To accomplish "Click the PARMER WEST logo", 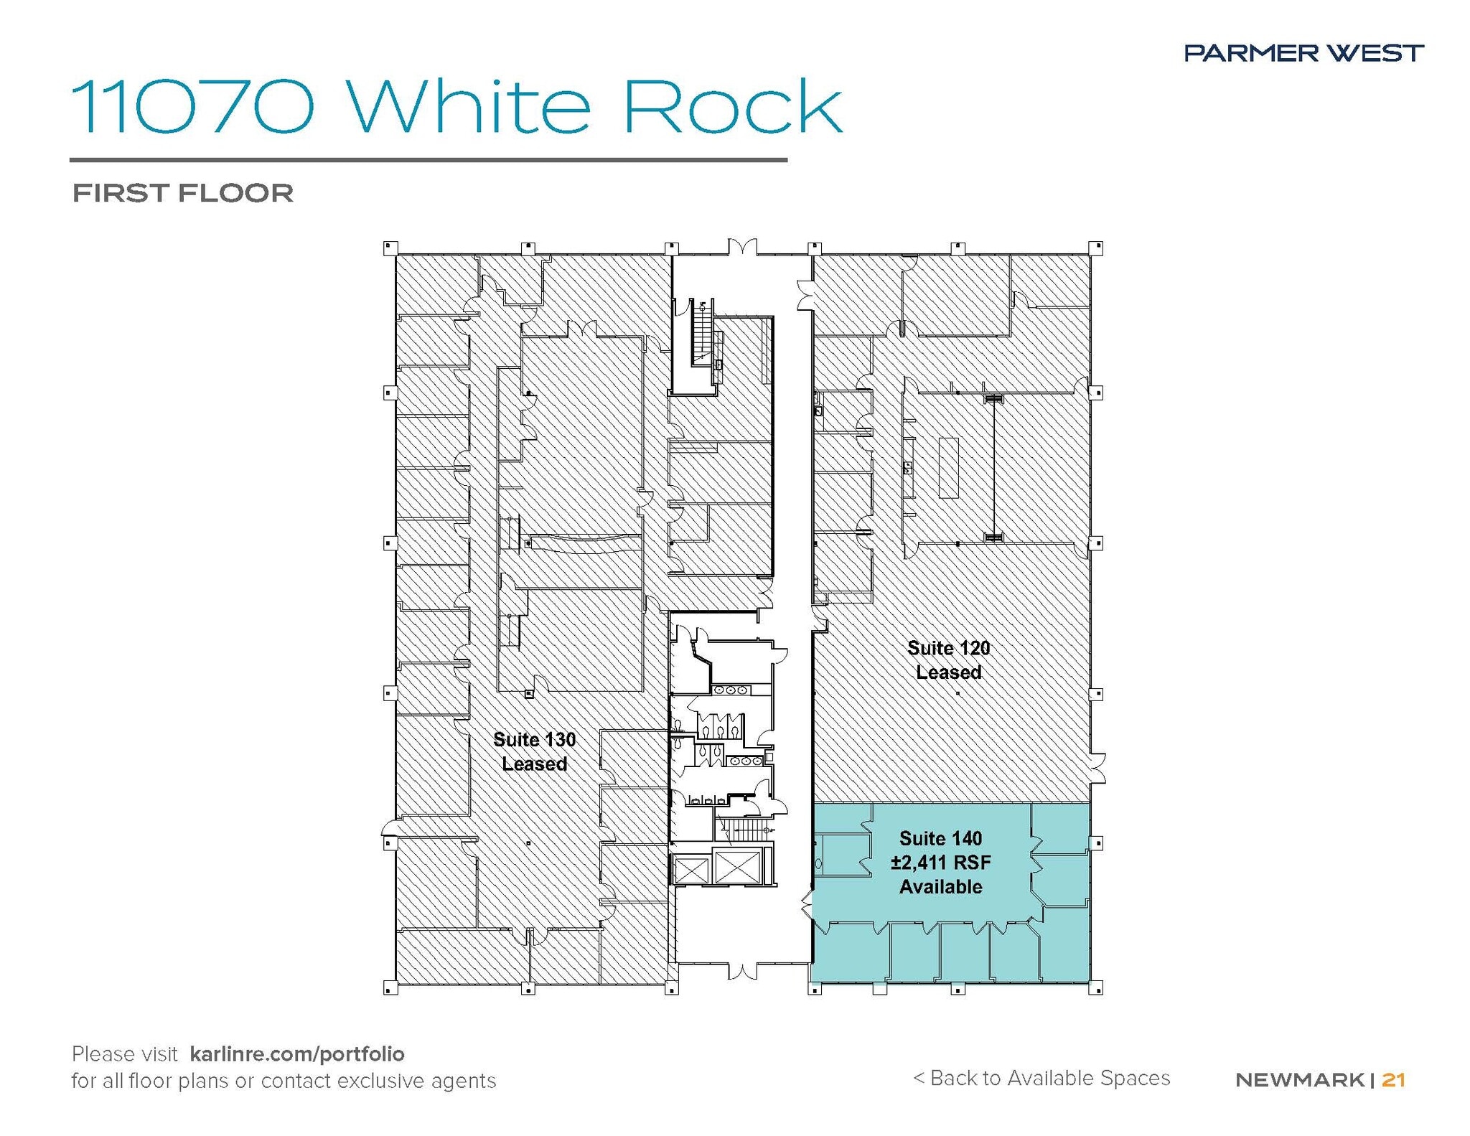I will pos(1303,52).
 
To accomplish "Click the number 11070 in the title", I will pos(192,107).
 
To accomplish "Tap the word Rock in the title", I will pos(731,107).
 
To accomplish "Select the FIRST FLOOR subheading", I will pos(183,193).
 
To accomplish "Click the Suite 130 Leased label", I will pos(534,751).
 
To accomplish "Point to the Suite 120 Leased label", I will pos(948,660).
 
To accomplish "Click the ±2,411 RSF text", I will pos(940,863).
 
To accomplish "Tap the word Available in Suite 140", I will pos(940,887).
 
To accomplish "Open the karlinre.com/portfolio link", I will pos(297,1053).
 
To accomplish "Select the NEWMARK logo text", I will pos(1299,1079).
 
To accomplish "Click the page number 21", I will pos(1393,1079).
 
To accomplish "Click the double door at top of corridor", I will pos(742,248).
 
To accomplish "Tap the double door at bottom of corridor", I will pos(742,972).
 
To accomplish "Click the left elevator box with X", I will pos(690,870).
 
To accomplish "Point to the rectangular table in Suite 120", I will pos(949,467).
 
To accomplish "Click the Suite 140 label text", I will pos(940,838).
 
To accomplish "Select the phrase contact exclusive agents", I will pos(378,1081).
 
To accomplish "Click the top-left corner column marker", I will pos(390,248).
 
